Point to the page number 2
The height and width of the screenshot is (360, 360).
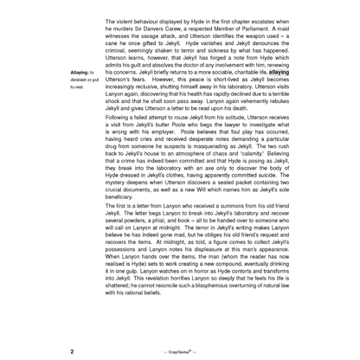coord(72,352)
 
